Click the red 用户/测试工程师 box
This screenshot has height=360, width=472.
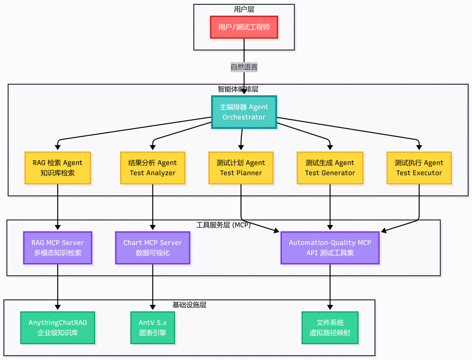[244, 27]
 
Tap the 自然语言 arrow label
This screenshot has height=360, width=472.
[244, 67]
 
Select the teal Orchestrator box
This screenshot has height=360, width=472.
[244, 112]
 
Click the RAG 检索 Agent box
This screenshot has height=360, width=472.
[58, 168]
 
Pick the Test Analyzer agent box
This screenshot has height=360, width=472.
[153, 168]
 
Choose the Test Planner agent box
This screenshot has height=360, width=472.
[241, 168]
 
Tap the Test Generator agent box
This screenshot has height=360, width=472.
[330, 168]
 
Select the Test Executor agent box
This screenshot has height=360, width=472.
[419, 168]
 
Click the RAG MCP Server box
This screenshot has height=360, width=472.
[58, 248]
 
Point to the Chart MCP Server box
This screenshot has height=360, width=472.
[153, 248]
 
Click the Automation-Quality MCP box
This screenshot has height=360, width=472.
[330, 248]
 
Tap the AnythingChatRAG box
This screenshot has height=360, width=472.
[58, 328]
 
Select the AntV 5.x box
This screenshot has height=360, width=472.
[153, 328]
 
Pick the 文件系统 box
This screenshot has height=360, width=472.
[330, 328]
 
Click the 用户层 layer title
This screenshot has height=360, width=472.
[244, 9]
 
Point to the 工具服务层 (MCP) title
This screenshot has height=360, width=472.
[223, 225]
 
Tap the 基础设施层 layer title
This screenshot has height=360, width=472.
[189, 305]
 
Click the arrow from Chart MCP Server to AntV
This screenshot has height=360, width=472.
[153, 287]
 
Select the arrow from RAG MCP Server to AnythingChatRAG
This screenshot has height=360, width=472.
[58, 287]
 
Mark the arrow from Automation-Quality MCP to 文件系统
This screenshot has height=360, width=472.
[330, 287]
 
